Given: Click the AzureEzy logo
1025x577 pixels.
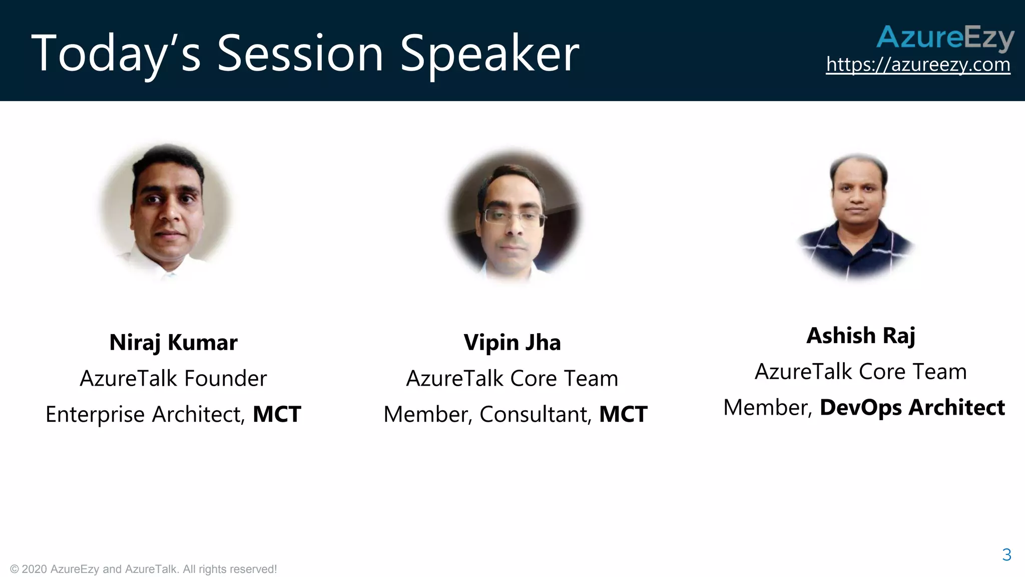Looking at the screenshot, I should pyautogui.click(x=945, y=38).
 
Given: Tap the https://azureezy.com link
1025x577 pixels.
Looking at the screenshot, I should pyautogui.click(x=918, y=65).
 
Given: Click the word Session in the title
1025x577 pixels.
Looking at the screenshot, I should pyautogui.click(x=300, y=54).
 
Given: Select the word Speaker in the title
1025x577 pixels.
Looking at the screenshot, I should pyautogui.click(x=489, y=54).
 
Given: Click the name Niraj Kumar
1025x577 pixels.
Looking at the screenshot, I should pyautogui.click(x=173, y=343).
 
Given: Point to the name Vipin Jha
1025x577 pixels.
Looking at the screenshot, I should pyautogui.click(x=512, y=343).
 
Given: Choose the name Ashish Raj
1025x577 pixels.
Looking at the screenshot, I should pyautogui.click(x=860, y=336).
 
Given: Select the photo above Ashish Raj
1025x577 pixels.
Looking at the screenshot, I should pyautogui.click(x=857, y=215).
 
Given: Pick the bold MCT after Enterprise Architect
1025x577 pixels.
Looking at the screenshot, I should pyautogui.click(x=277, y=414).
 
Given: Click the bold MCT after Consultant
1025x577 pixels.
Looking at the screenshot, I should pyautogui.click(x=623, y=414).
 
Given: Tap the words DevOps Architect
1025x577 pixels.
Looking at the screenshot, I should pyautogui.click(x=912, y=407).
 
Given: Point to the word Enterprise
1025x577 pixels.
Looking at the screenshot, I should pyautogui.click(x=95, y=415).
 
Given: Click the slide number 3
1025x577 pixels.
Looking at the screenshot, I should pyautogui.click(x=1006, y=555).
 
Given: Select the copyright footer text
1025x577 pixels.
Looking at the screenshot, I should pyautogui.click(x=143, y=569).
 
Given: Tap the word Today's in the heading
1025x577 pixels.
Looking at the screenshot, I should pyautogui.click(x=116, y=54).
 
